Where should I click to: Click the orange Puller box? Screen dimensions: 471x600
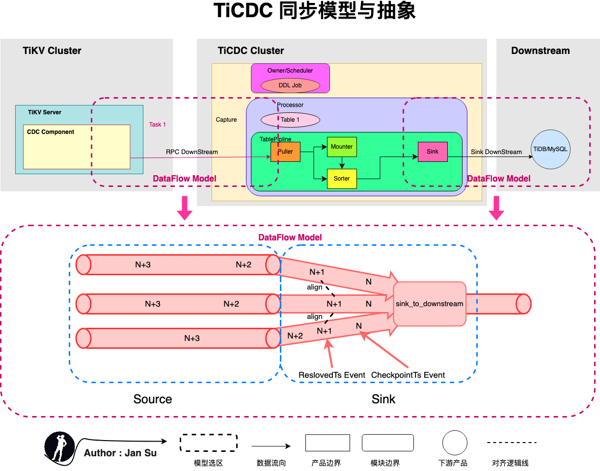[x=285, y=152]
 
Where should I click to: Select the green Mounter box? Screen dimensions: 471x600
[x=342, y=147]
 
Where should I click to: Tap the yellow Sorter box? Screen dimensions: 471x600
[x=342, y=179]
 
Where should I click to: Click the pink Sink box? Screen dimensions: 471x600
[x=433, y=152]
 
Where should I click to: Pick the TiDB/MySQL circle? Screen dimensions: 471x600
[x=551, y=150]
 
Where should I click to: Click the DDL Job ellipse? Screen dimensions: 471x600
[x=290, y=85]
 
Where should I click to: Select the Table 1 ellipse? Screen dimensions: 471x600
[x=290, y=120]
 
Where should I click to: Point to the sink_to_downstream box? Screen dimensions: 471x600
[x=430, y=304]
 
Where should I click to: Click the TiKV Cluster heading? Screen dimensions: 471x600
[x=52, y=51]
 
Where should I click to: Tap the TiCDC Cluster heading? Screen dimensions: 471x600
[x=251, y=51]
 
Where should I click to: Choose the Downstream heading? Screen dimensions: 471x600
[x=540, y=51]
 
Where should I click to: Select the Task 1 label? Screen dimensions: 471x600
[x=158, y=125]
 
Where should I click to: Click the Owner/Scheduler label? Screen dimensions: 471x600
[x=290, y=71]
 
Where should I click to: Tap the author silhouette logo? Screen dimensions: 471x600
[x=59, y=447]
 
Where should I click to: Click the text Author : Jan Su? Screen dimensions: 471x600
[x=120, y=453]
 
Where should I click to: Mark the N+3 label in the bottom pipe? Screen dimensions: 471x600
[x=192, y=338]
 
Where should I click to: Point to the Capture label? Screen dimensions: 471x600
[x=226, y=120]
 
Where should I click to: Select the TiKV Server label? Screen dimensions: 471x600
[x=45, y=112]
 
